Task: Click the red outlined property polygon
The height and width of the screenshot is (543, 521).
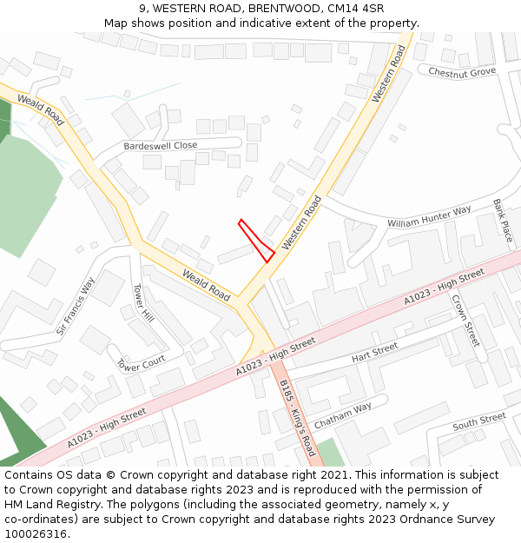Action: click(259, 242)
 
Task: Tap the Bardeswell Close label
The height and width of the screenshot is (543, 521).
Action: click(161, 146)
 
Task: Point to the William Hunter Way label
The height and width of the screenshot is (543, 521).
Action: click(429, 216)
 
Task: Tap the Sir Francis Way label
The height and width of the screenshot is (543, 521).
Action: click(76, 306)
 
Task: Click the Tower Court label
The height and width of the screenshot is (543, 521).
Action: click(141, 363)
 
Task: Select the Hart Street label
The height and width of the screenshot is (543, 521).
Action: click(374, 353)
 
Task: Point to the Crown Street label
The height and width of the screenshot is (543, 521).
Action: click(465, 321)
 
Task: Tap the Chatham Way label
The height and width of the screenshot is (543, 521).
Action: click(342, 414)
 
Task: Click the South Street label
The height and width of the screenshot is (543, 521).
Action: click(478, 420)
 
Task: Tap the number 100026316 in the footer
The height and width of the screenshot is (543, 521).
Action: click(35, 534)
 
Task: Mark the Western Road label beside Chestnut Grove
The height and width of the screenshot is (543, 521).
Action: click(389, 74)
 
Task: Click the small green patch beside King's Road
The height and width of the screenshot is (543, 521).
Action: click(330, 453)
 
